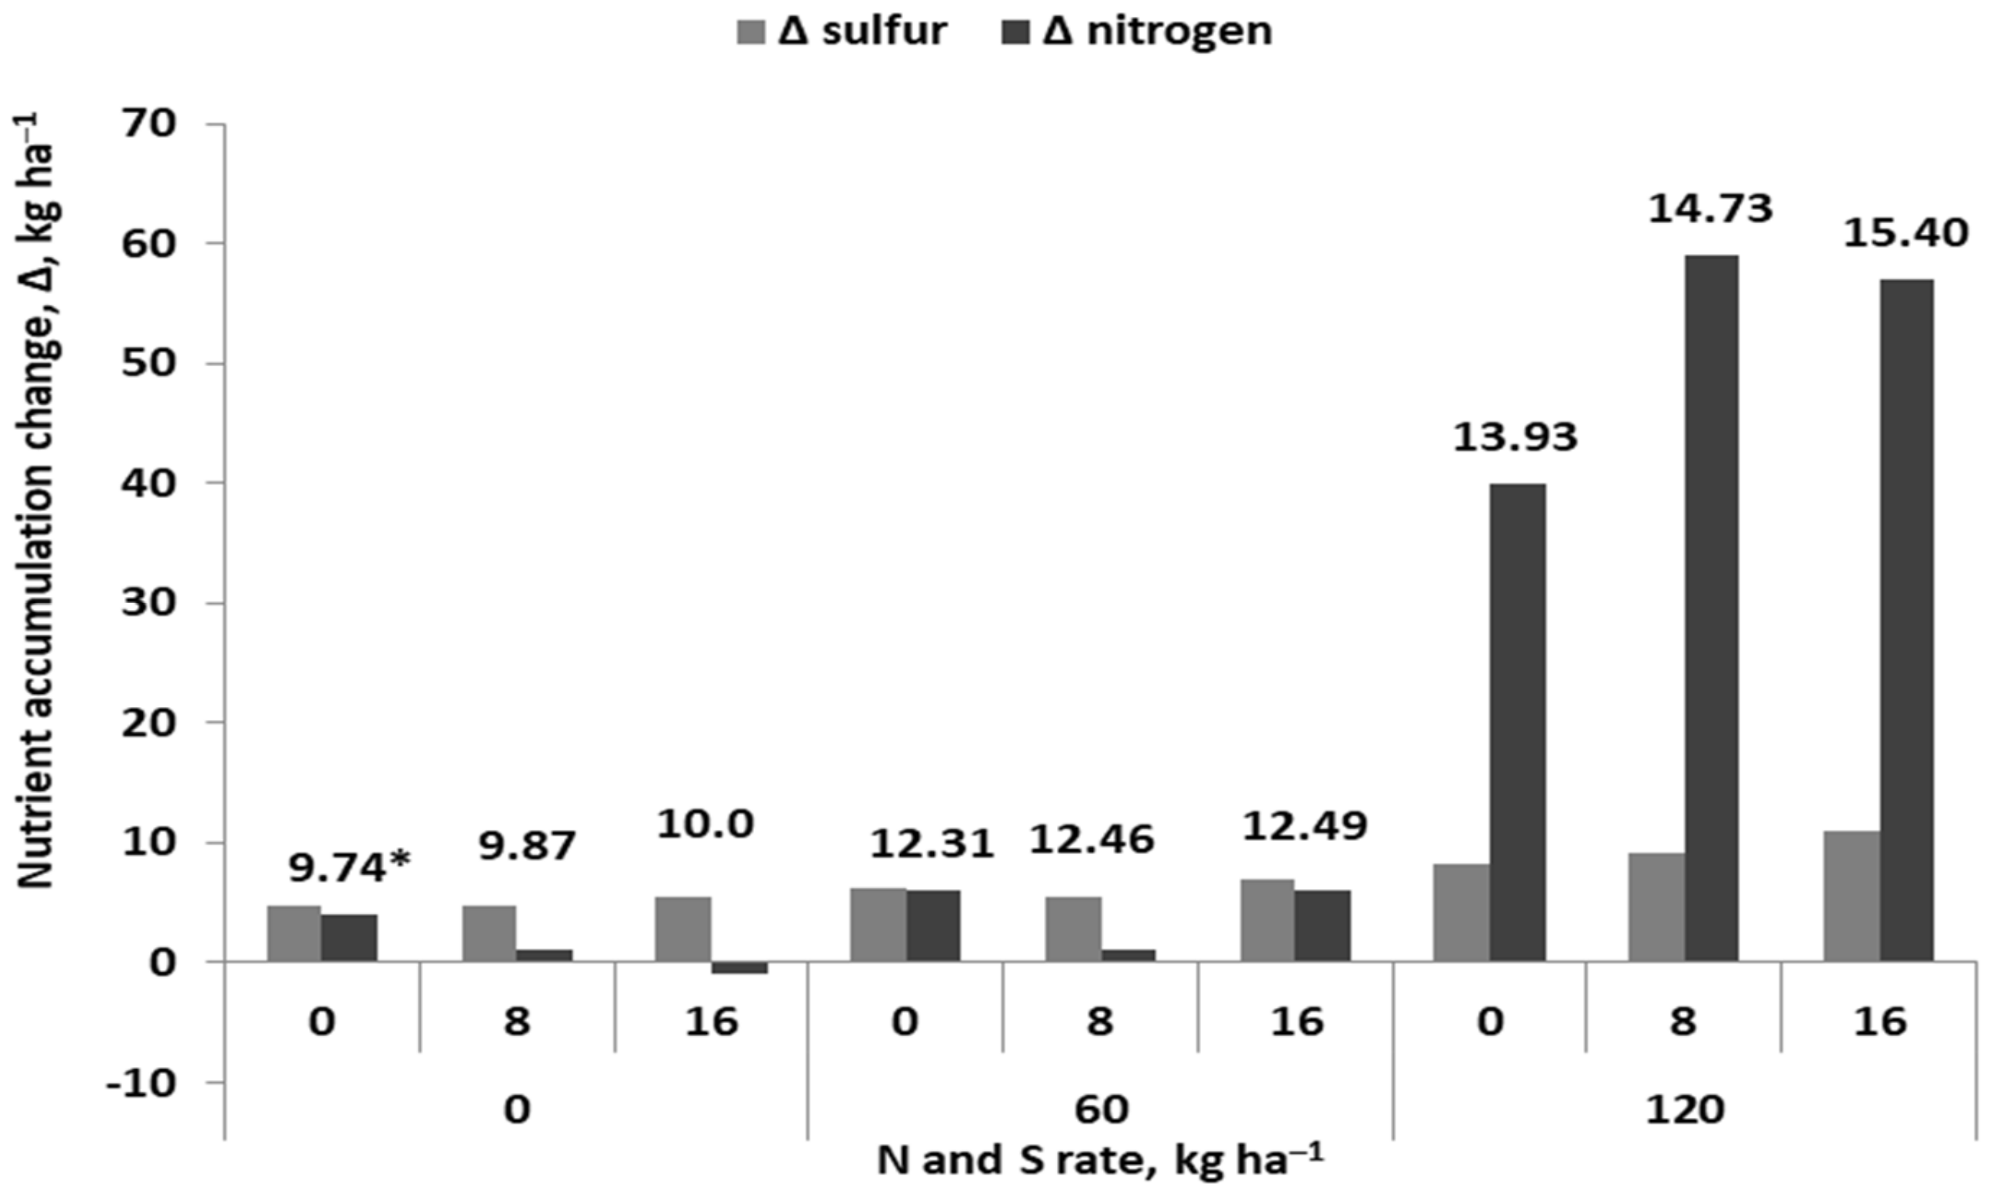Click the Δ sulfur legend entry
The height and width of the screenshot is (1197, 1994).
click(x=842, y=32)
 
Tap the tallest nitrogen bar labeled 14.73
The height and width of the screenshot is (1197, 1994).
click(x=1711, y=609)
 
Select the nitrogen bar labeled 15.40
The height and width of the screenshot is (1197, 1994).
click(x=1906, y=620)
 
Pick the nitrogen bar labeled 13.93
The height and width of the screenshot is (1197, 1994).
click(x=1517, y=722)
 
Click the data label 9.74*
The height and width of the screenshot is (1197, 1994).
click(x=349, y=868)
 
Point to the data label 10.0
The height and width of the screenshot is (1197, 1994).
click(x=705, y=825)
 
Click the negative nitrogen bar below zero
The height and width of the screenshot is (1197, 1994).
click(x=739, y=967)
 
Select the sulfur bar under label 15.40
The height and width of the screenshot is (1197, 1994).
click(x=1852, y=896)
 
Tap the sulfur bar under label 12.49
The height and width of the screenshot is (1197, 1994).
click(x=1267, y=920)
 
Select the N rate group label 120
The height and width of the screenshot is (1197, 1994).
click(x=1684, y=1111)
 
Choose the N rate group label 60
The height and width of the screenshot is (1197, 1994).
click(x=1100, y=1111)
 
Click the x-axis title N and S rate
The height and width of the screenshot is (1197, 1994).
click(x=1100, y=1162)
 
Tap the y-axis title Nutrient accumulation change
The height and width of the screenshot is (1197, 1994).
click(x=35, y=516)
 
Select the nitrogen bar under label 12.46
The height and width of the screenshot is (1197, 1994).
click(x=1128, y=955)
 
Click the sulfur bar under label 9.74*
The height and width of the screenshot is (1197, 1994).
click(x=295, y=933)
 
